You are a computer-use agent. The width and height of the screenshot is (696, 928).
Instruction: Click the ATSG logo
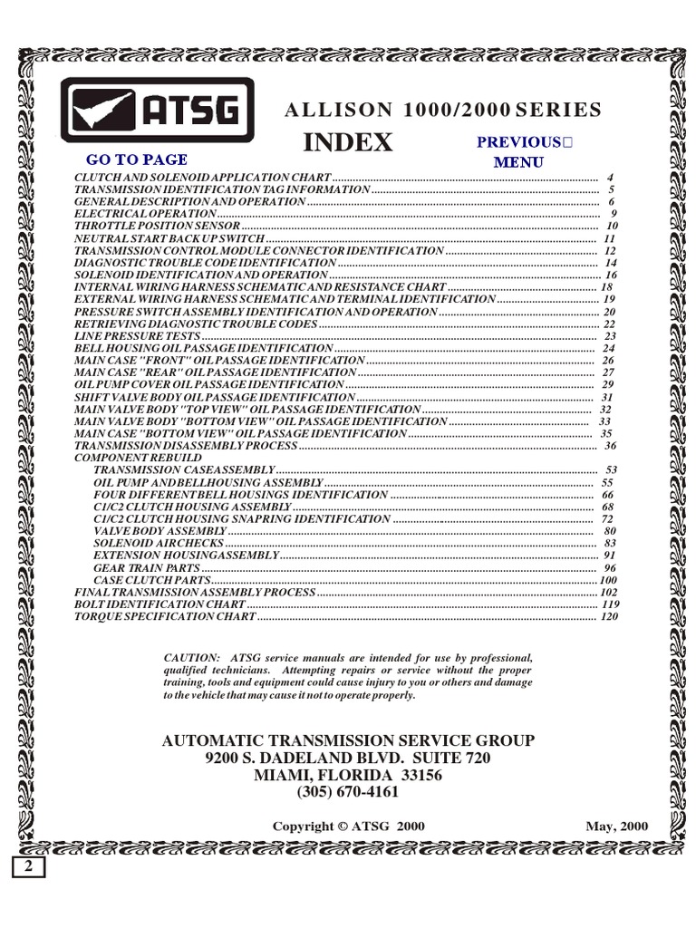[x=158, y=110]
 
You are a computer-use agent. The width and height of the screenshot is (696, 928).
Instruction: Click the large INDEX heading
[x=347, y=142]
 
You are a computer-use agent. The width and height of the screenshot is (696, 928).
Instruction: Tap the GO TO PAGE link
[x=137, y=159]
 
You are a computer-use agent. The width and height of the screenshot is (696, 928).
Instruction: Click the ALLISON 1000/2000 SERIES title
[x=443, y=111]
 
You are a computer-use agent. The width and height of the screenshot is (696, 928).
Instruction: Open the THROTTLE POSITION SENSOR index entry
[x=157, y=225]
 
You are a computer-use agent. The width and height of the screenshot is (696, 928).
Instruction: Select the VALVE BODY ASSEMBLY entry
[x=159, y=530]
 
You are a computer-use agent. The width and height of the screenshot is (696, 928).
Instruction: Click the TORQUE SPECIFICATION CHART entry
[x=165, y=616]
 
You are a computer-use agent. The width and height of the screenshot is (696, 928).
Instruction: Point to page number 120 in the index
[x=609, y=616]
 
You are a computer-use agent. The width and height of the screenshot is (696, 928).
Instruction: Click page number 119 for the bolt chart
[x=609, y=604]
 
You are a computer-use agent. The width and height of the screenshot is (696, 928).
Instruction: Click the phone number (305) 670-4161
[x=348, y=792]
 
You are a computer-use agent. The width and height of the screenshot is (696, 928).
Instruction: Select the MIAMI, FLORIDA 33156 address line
[x=348, y=775]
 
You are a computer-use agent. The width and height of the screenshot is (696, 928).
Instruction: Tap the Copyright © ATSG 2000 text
[x=348, y=826]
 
